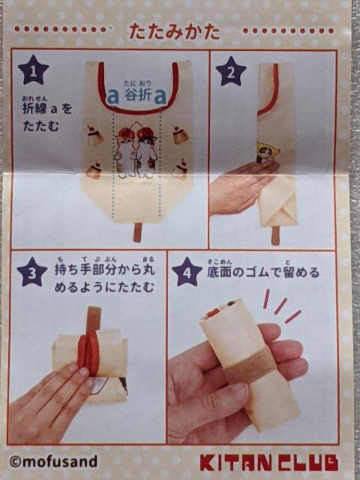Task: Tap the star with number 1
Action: [x=34, y=70]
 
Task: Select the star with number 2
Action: [x=230, y=70]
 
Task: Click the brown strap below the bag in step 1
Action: [x=137, y=232]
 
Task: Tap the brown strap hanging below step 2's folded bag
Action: [x=275, y=236]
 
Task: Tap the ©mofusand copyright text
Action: [x=53, y=460]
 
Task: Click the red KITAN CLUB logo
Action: [x=268, y=461]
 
